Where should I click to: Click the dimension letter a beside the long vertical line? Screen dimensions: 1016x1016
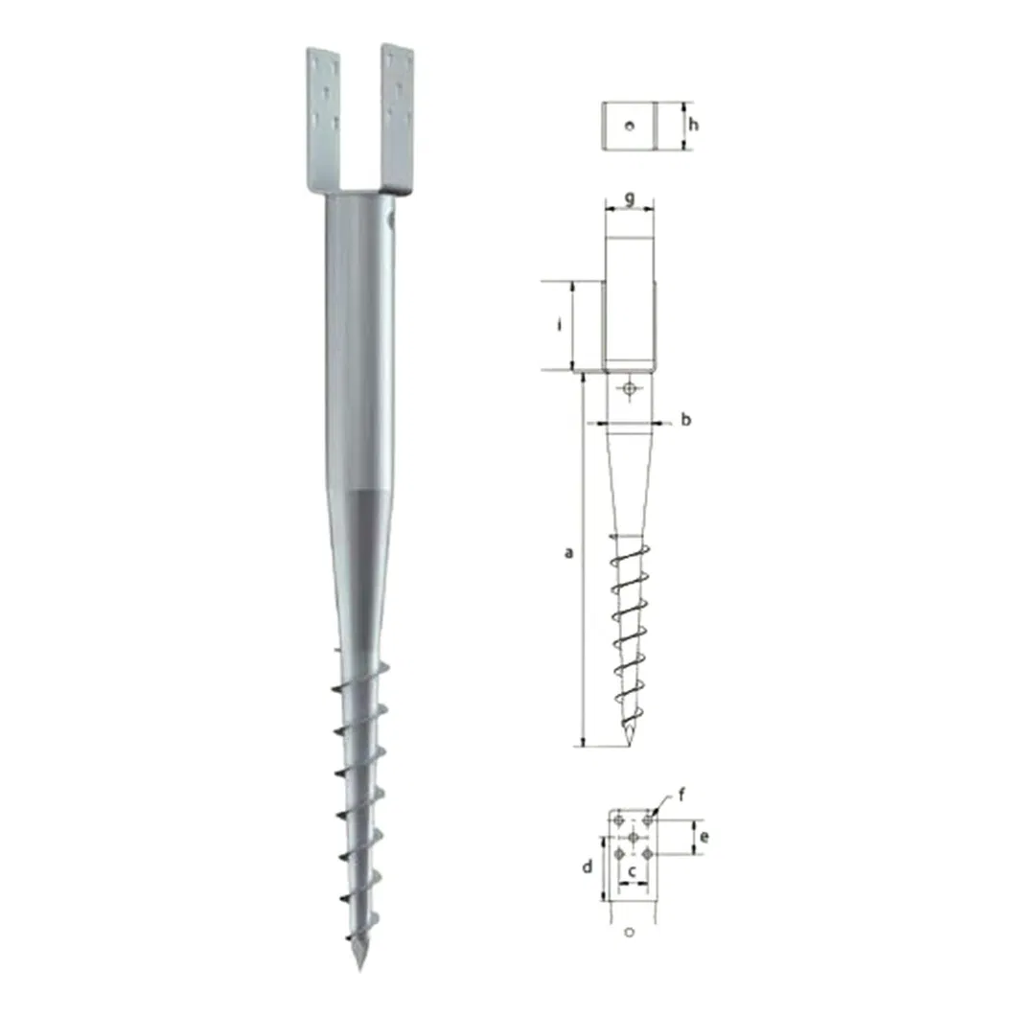(x=568, y=552)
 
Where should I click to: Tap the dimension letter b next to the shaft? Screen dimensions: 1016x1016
(x=685, y=420)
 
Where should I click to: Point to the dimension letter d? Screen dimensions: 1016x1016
(x=589, y=866)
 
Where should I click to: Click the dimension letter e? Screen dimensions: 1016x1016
(x=704, y=837)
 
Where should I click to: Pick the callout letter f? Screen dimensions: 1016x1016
(x=681, y=794)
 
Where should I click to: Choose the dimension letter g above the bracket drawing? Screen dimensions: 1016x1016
(x=629, y=197)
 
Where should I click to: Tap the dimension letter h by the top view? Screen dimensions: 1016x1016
(x=697, y=125)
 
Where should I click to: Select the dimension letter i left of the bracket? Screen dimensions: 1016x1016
(x=559, y=325)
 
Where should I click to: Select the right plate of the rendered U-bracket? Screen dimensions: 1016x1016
(x=397, y=115)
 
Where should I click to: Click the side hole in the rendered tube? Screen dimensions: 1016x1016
(x=390, y=223)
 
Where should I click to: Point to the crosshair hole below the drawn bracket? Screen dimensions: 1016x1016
(x=629, y=388)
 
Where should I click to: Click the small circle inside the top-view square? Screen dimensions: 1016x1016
(x=629, y=126)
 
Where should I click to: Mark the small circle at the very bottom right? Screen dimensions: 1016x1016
(x=630, y=932)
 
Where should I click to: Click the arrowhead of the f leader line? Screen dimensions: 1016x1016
(x=653, y=816)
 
